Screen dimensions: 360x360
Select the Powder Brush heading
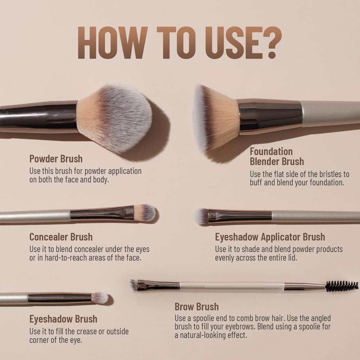[56, 159]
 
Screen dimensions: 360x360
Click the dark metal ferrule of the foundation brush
[270, 117]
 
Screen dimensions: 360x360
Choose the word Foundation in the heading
[271, 151]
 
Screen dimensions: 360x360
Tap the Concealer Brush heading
[61, 237]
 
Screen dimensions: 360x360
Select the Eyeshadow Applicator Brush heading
[270, 237]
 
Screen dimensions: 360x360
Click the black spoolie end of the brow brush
[341, 286]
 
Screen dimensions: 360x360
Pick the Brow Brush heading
[197, 307]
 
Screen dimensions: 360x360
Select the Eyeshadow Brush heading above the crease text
[63, 319]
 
